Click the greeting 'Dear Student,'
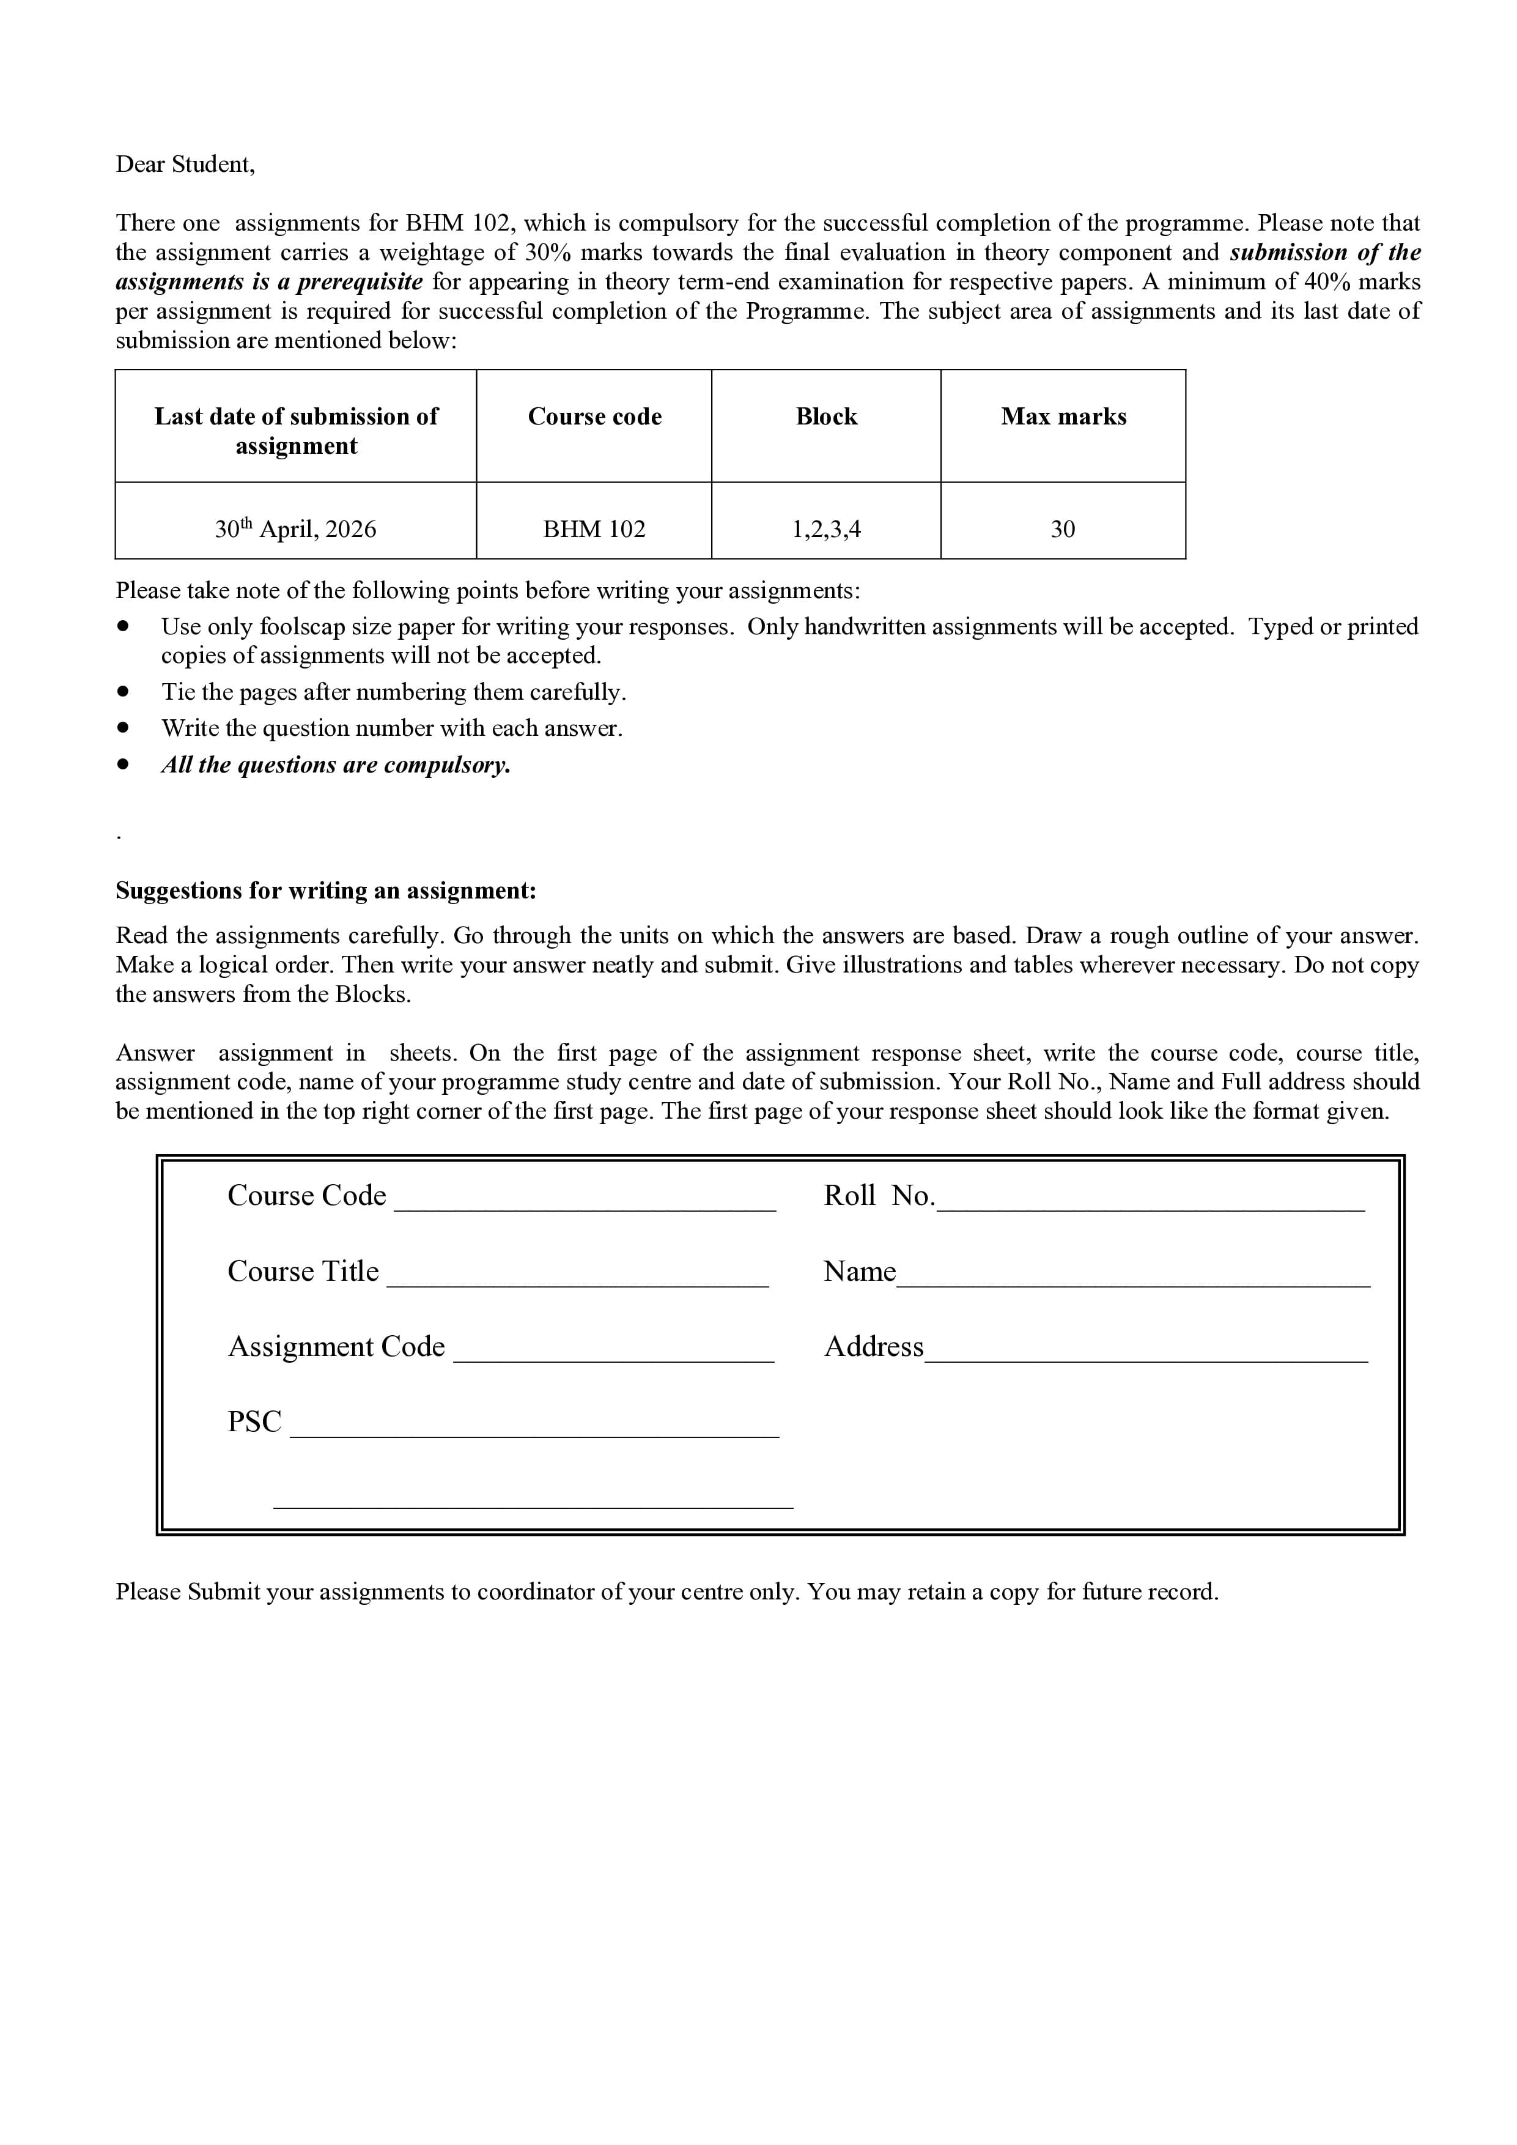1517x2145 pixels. click(185, 165)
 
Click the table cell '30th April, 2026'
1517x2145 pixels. click(295, 529)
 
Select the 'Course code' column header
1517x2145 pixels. click(594, 417)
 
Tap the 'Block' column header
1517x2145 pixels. click(825, 417)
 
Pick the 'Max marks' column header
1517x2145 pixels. click(1063, 417)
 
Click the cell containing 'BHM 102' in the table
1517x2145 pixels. click(594, 530)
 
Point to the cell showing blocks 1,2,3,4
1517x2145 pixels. click(825, 530)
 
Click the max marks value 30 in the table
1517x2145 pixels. click(1063, 530)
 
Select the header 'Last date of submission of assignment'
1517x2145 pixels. click(295, 431)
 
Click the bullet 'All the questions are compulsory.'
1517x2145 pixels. click(335, 765)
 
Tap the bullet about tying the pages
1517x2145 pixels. click(393, 692)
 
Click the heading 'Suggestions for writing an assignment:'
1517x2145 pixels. click(326, 891)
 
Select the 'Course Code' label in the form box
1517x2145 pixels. click(306, 1196)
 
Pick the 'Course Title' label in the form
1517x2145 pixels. click(303, 1272)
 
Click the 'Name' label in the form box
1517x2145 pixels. click(858, 1272)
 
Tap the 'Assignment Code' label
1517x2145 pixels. click(336, 1346)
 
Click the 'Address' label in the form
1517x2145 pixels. click(873, 1346)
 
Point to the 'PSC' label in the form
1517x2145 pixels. click(254, 1421)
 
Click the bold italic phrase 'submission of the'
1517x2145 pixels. click(1324, 252)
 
